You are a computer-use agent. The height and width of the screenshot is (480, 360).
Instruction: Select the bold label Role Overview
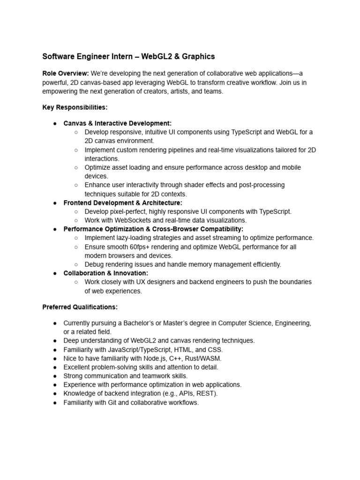tap(65, 74)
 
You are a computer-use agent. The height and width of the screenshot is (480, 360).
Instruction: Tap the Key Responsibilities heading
tap(75, 107)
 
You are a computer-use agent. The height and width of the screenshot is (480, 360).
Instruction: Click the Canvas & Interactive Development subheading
tap(117, 123)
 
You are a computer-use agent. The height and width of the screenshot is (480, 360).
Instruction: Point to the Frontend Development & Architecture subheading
tap(123, 202)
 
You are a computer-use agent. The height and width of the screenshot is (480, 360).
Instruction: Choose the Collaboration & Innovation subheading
tap(106, 273)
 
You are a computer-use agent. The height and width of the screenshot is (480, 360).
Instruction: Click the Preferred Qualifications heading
tap(80, 307)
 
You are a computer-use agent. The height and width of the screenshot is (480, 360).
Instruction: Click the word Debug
tap(94, 264)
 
